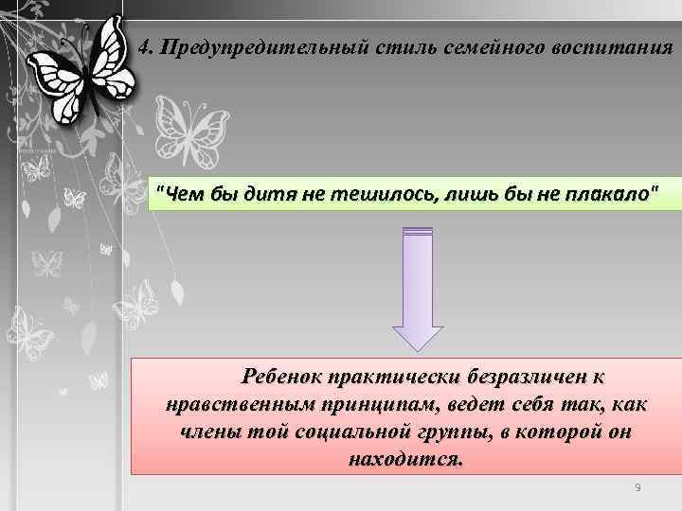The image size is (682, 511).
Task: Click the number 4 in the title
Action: (x=143, y=47)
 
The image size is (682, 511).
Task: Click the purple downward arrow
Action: (x=418, y=290)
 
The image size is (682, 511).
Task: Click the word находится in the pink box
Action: (x=406, y=461)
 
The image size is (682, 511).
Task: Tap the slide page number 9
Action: (x=637, y=487)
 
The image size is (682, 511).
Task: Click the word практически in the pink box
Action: (x=392, y=378)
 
